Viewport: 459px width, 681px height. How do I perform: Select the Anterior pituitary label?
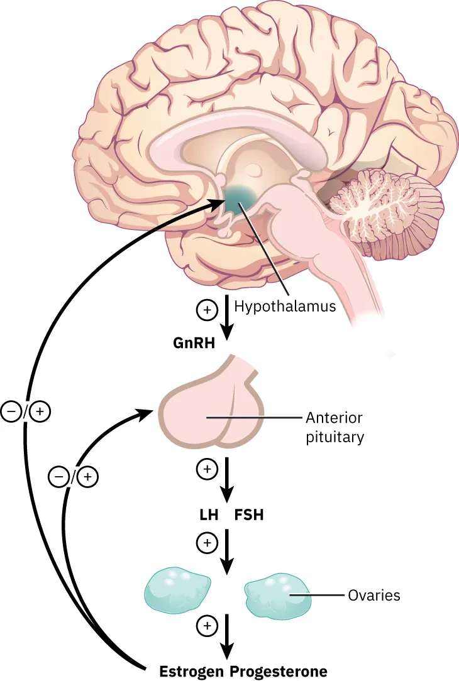pos(334,427)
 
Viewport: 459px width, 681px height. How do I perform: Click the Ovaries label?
pos(373,594)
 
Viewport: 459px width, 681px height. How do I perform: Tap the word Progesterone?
pos(279,671)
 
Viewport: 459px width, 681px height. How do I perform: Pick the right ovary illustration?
pos(277,595)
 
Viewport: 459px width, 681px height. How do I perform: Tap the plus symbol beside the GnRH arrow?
pos(207,309)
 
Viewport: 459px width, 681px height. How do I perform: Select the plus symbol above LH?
pos(207,469)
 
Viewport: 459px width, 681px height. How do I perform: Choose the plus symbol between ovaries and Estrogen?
pos(207,625)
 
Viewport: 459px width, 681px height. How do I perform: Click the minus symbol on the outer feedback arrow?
pos(11,411)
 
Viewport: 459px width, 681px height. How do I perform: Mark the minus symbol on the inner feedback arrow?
pos(58,477)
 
